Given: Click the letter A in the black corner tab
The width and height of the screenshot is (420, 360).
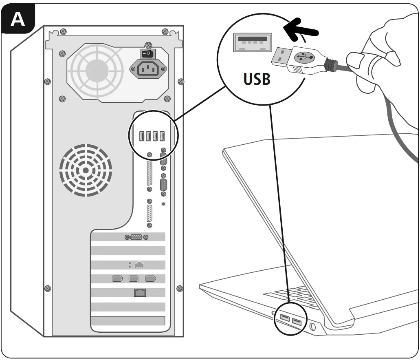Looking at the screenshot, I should [x=18, y=19].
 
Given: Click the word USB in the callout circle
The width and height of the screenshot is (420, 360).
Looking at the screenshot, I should [x=257, y=79].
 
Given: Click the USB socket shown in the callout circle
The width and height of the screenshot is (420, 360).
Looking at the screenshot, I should [x=253, y=42].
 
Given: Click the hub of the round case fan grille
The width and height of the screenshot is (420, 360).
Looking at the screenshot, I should [x=86, y=170].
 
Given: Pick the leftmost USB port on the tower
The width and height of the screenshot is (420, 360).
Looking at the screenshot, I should [x=141, y=136].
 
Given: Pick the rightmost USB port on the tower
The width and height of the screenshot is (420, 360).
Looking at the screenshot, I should [x=162, y=136].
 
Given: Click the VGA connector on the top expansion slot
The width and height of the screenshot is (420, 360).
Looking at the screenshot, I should [x=136, y=237].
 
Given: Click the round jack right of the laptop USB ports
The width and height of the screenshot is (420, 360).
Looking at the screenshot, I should [x=312, y=326].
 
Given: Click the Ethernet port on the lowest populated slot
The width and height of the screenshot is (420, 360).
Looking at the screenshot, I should [x=140, y=292].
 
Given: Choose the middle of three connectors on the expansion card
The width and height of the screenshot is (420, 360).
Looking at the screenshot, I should [x=134, y=279].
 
